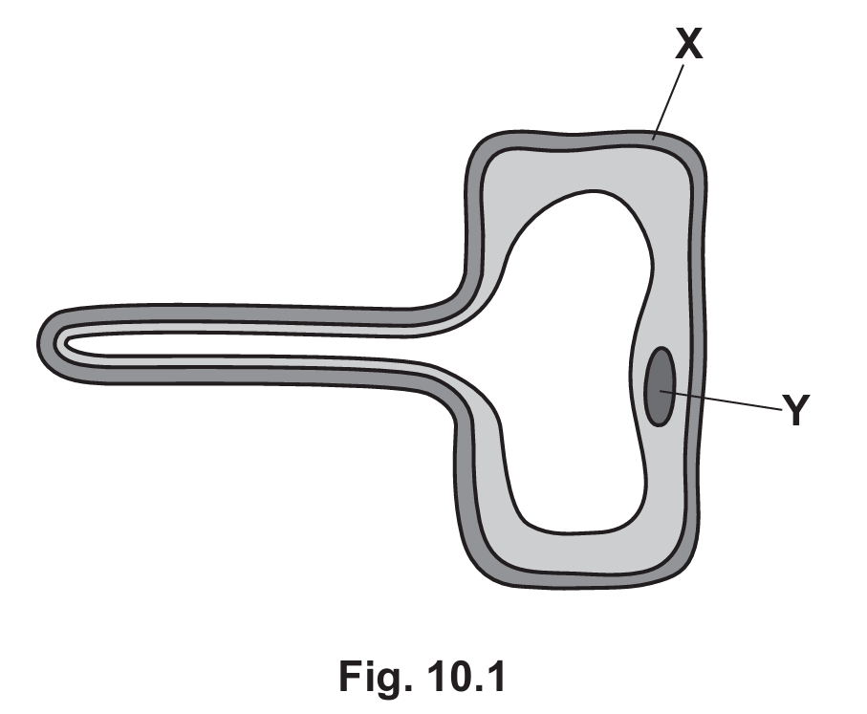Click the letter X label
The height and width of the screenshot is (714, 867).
[689, 43]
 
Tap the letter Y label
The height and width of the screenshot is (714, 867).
[796, 409]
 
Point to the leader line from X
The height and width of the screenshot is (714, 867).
[668, 102]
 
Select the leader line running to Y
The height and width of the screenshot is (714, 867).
[721, 400]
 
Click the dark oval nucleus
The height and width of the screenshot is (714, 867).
[660, 386]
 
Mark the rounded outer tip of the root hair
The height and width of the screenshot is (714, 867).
[40, 343]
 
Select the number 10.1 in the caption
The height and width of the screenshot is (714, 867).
[466, 676]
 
